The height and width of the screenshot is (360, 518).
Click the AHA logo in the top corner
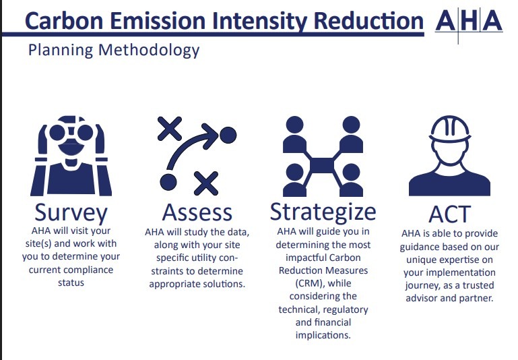click(x=469, y=22)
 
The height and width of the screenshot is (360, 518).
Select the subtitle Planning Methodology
click(x=114, y=51)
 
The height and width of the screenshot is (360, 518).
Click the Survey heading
click(x=71, y=212)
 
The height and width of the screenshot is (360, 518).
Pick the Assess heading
click(x=197, y=212)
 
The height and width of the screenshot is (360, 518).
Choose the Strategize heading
click(x=323, y=212)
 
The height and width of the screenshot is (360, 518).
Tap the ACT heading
click(x=449, y=215)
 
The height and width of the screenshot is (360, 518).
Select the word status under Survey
click(x=71, y=283)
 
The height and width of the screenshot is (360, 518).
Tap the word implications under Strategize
click(x=323, y=335)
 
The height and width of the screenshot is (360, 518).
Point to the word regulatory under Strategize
click(x=344, y=309)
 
